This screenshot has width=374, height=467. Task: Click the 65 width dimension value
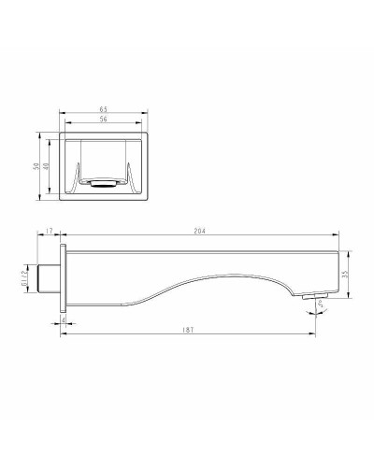[103, 109]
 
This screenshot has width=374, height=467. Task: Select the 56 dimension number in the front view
[103, 120]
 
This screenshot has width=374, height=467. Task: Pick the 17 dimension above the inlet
[49, 230]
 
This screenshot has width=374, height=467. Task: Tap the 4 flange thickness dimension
[63, 320]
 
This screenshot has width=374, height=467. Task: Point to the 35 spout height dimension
[345, 274]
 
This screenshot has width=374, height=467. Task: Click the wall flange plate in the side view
[65, 277]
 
